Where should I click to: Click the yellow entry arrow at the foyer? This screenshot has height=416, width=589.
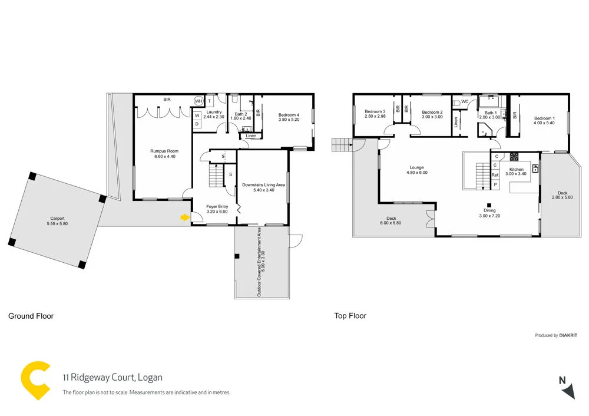coord(185,218)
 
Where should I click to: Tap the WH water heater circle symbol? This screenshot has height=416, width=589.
coord(198,101)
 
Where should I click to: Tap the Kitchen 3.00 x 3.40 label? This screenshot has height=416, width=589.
coord(517,171)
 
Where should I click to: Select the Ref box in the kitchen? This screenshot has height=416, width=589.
coord(495,175)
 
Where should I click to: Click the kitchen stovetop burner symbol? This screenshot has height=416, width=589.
coord(514,157)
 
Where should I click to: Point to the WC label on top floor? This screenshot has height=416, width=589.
coord(465,102)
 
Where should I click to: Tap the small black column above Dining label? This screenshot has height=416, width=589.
coord(489,205)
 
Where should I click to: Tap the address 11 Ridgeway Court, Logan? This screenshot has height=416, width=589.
coord(112,378)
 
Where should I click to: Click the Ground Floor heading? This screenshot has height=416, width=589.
coord(31,316)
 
